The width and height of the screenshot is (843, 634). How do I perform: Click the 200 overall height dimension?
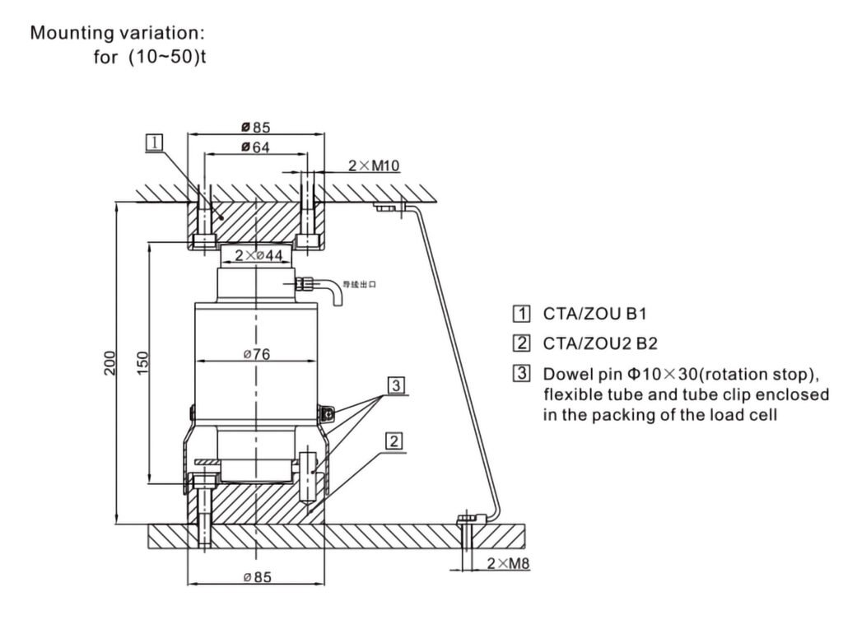(111, 362)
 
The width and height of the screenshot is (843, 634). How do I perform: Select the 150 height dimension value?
(144, 362)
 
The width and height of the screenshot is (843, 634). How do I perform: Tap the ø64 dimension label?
(256, 147)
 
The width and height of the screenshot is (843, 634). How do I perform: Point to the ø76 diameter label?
(257, 354)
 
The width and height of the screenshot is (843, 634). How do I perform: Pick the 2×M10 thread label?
(374, 165)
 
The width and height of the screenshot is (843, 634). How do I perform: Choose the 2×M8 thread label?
(507, 564)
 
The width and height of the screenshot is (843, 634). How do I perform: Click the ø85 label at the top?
(256, 127)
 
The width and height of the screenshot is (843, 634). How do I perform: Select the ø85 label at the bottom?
(257, 577)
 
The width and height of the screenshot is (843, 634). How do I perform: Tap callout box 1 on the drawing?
(154, 142)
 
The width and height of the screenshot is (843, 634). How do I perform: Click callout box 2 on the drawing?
(395, 441)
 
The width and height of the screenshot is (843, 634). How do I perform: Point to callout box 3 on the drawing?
(395, 385)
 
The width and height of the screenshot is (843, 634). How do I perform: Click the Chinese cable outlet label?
(359, 284)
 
